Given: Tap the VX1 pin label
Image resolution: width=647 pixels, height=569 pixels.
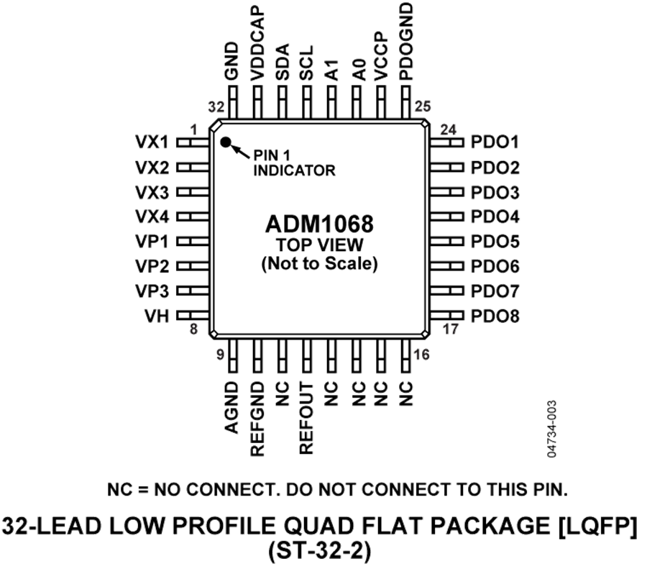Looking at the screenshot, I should (152, 141).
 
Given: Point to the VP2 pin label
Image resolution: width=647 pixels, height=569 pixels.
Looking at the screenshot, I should (152, 266).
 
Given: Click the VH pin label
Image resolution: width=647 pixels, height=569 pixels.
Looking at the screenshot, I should (156, 315).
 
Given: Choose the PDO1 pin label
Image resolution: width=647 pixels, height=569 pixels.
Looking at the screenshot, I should (495, 142).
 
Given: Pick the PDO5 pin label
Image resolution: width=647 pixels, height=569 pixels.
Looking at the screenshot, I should (495, 241).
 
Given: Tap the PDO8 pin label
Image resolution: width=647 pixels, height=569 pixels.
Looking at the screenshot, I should (495, 315).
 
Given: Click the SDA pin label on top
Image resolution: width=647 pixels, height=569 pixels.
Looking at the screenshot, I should (283, 63).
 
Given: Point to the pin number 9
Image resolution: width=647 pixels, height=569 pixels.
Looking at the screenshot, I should (220, 354).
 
